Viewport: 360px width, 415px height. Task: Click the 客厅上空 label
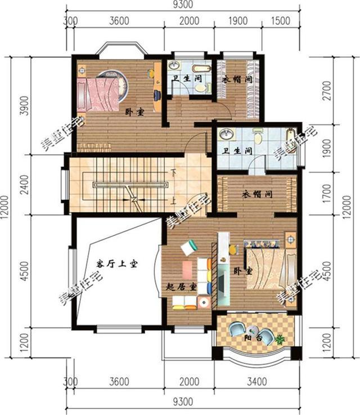(117, 264)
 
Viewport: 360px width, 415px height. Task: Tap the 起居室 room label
(182, 287)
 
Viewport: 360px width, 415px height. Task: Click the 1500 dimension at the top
(281, 21)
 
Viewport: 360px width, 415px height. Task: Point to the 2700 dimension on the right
(327, 90)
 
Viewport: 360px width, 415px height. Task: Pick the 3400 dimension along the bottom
(257, 382)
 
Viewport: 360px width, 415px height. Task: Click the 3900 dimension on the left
(24, 105)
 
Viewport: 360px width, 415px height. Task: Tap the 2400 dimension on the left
(24, 185)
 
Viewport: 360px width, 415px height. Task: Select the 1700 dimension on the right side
(327, 193)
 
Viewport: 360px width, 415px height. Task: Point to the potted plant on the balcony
(280, 339)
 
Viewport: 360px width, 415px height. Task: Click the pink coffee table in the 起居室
(187, 270)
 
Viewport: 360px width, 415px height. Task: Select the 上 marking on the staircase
(173, 202)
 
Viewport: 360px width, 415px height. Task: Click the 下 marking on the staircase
(173, 172)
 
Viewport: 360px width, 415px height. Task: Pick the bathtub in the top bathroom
(201, 69)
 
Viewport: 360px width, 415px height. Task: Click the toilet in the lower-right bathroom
(258, 136)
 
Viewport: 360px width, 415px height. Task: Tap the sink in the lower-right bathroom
(227, 134)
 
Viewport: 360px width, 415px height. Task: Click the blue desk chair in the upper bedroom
(157, 95)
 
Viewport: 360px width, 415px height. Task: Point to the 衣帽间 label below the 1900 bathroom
(257, 194)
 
